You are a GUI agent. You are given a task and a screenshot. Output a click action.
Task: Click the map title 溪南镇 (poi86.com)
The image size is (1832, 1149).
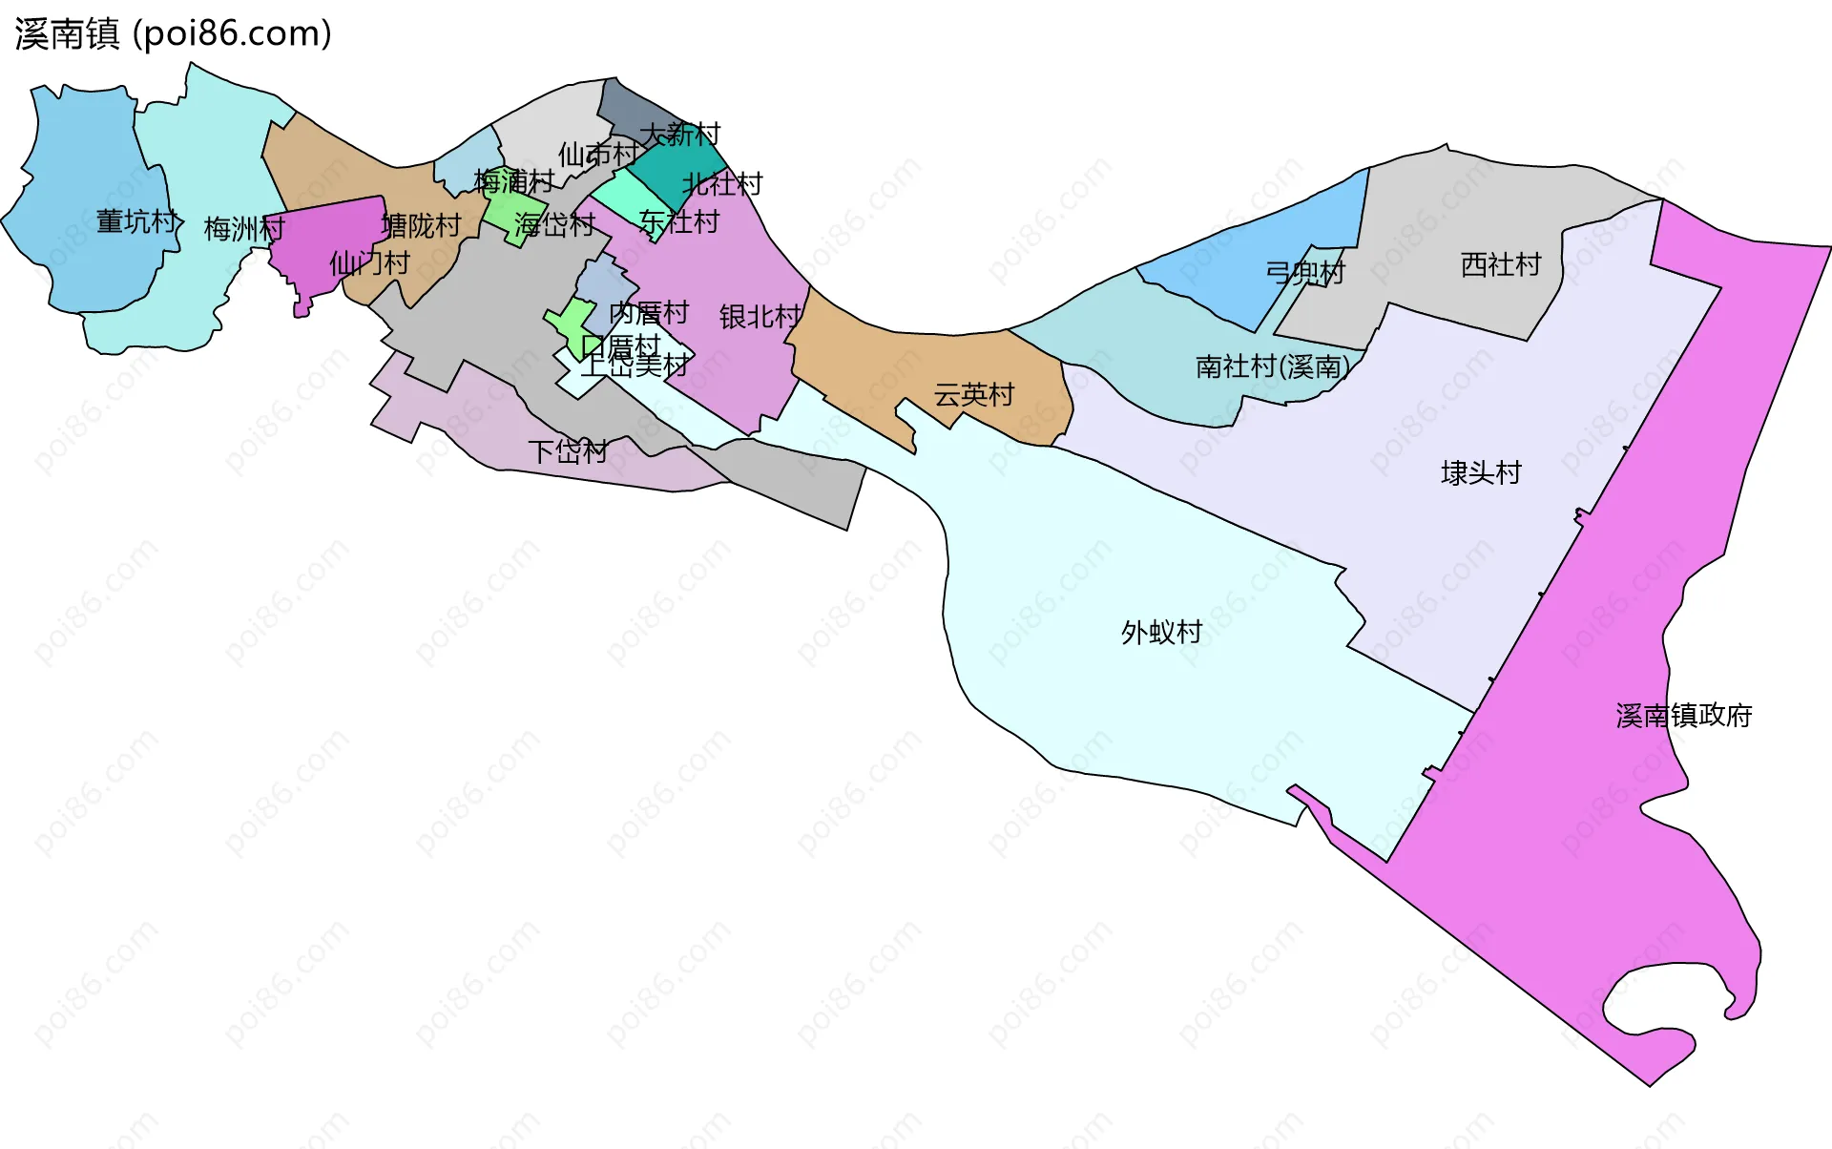click(173, 33)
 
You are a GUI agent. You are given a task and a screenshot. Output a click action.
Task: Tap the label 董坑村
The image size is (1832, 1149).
click(137, 221)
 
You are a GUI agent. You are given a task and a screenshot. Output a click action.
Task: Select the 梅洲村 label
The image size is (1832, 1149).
click(244, 229)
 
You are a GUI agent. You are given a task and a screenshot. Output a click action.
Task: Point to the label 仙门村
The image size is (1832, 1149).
click(369, 263)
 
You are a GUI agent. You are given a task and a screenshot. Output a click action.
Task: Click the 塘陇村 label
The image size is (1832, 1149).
click(422, 226)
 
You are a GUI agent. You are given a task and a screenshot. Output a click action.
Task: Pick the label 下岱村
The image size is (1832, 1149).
click(568, 451)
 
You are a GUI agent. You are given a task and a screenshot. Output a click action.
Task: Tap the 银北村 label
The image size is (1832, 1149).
click(760, 317)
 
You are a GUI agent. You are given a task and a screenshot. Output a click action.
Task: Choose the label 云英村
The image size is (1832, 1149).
click(973, 394)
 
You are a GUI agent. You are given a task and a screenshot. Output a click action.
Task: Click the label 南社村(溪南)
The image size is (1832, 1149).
click(1273, 366)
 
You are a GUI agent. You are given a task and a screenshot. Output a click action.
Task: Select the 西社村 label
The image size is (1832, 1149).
click(1501, 264)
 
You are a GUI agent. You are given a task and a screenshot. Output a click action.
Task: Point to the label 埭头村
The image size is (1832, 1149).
click(1481, 472)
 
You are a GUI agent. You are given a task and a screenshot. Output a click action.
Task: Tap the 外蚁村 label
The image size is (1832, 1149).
click(1161, 632)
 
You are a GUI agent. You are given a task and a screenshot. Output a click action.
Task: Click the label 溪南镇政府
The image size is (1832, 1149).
click(1684, 716)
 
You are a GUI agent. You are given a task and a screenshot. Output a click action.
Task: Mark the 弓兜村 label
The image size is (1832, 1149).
click(1305, 272)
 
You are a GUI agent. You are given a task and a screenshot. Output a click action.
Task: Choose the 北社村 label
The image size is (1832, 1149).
click(722, 183)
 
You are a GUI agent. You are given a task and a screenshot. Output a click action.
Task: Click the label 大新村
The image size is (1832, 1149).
click(679, 134)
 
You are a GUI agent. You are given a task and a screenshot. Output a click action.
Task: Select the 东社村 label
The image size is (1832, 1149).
click(679, 221)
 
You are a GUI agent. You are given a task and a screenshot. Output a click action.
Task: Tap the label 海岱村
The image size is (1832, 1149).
click(554, 224)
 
